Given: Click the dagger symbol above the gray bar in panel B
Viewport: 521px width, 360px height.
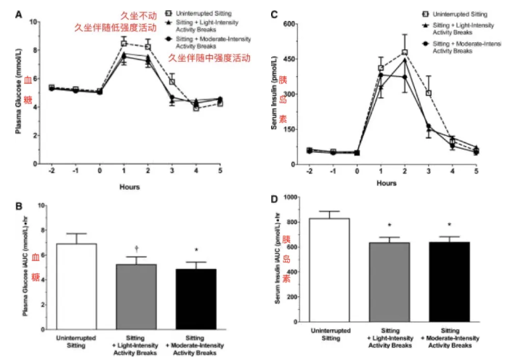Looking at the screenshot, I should pyautogui.click(x=136, y=247).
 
